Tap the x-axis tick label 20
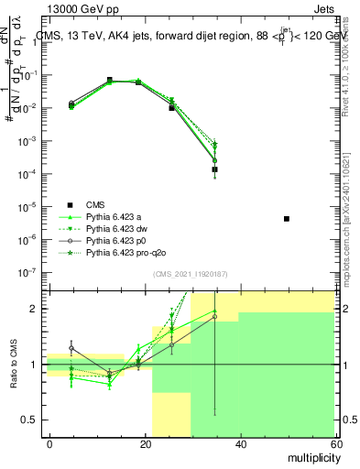[x=145, y=442]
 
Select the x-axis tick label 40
[x=240, y=442]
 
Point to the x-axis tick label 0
[x=50, y=442]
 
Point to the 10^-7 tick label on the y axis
[x=27, y=272]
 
